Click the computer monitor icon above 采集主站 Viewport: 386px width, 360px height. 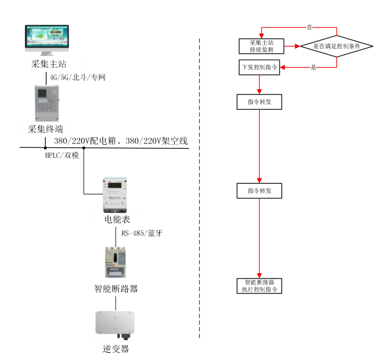click(x=47, y=41)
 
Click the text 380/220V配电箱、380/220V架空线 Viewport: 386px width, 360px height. click(x=120, y=141)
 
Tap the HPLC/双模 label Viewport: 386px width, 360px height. click(x=62, y=156)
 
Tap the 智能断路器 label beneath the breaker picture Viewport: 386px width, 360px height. click(x=116, y=288)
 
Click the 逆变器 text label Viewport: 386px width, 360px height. click(x=116, y=348)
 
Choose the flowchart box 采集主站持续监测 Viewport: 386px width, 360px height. click(x=261, y=46)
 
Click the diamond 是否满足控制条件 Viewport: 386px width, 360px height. click(x=336, y=46)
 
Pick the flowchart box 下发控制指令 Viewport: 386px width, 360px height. click(x=259, y=68)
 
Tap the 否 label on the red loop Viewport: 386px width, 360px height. click(x=309, y=26)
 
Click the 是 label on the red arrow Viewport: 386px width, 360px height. click(x=313, y=68)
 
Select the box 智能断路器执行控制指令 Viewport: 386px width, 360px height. click(x=259, y=286)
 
